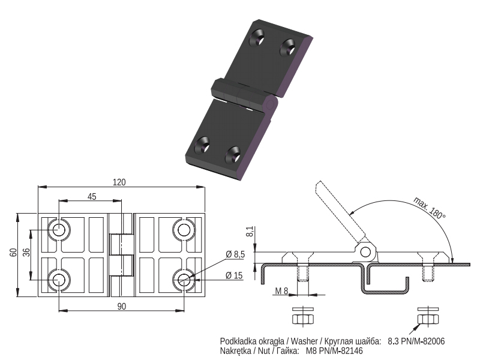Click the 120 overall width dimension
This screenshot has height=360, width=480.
tap(119, 182)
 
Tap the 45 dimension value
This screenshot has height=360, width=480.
tap(92, 197)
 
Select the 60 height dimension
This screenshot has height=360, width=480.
tap(13, 253)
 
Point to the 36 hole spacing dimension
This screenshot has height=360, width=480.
tap(26, 252)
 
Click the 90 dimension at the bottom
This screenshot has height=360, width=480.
tap(122, 307)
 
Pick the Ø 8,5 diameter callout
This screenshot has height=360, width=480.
tap(235, 254)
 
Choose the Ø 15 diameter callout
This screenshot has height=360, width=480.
tap(234, 275)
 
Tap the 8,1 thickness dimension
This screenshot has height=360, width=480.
tap(250, 232)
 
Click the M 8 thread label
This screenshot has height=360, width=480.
tap(281, 290)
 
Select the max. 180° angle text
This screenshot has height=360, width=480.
tap(429, 208)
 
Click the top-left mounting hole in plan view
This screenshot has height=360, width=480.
tap(59, 230)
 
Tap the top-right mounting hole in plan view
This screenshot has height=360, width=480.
tap(184, 230)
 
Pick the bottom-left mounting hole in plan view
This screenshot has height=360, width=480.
tap(59, 280)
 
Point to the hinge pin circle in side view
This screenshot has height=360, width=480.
tap(365, 252)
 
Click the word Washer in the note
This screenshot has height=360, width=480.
tap(304, 341)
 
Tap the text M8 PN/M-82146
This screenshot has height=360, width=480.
tap(334, 351)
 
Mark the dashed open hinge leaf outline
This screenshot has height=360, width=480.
tap(340, 211)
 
